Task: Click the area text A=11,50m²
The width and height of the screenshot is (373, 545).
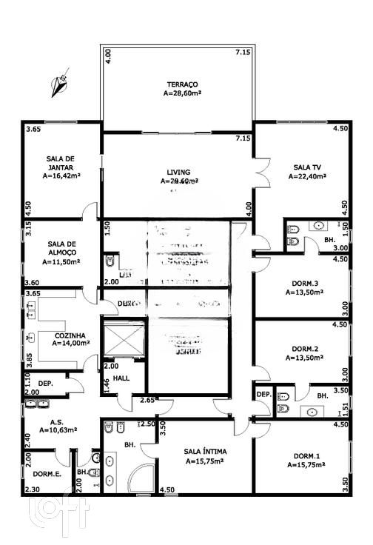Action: point(61,261)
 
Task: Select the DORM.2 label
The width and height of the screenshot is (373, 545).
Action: point(304,348)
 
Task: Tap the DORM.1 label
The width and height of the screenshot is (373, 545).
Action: point(304,455)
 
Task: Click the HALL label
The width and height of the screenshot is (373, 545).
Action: point(121,378)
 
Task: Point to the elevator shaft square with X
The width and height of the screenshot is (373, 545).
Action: point(124,338)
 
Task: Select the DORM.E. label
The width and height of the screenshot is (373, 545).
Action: point(47,473)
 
